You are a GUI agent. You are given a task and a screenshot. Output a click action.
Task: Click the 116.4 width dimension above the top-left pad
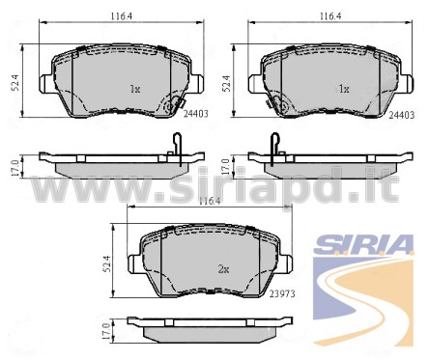click(122, 16)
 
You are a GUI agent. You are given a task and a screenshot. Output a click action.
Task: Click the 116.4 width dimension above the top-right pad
click(330, 16)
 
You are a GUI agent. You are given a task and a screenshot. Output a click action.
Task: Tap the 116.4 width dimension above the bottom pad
click(210, 202)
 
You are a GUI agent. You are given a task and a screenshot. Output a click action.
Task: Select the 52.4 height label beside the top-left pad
click(16, 83)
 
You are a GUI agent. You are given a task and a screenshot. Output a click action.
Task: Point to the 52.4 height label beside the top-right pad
click(227, 83)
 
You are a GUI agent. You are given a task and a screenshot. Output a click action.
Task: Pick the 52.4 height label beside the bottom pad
click(106, 263)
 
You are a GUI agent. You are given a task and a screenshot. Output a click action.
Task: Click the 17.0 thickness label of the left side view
click(15, 167)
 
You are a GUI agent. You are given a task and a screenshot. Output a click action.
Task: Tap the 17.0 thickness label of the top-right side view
click(226, 166)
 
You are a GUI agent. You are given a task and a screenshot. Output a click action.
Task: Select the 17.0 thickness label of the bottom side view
click(106, 331)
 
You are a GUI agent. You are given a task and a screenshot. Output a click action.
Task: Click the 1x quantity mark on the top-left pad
click(135, 89)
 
